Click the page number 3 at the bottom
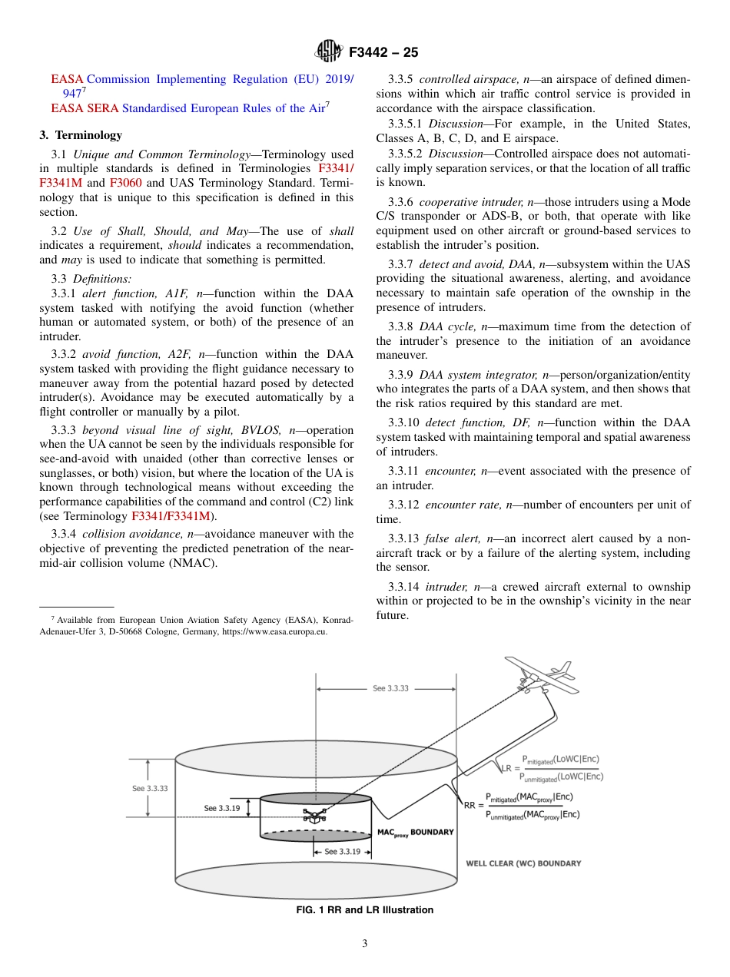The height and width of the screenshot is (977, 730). [364, 943]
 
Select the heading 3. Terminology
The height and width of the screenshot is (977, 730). [81, 135]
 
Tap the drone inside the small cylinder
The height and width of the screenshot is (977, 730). [314, 815]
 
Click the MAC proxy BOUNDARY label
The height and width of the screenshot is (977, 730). [415, 833]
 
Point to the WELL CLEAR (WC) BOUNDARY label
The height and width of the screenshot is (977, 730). [523, 863]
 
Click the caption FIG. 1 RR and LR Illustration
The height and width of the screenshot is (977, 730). [364, 910]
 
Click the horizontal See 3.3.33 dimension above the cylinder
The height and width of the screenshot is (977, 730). [390, 688]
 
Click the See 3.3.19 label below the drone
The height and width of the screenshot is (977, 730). [342, 851]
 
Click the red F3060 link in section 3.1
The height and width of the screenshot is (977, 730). [125, 183]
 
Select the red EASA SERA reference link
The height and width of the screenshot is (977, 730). [68, 108]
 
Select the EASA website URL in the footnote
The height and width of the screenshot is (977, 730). [274, 631]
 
